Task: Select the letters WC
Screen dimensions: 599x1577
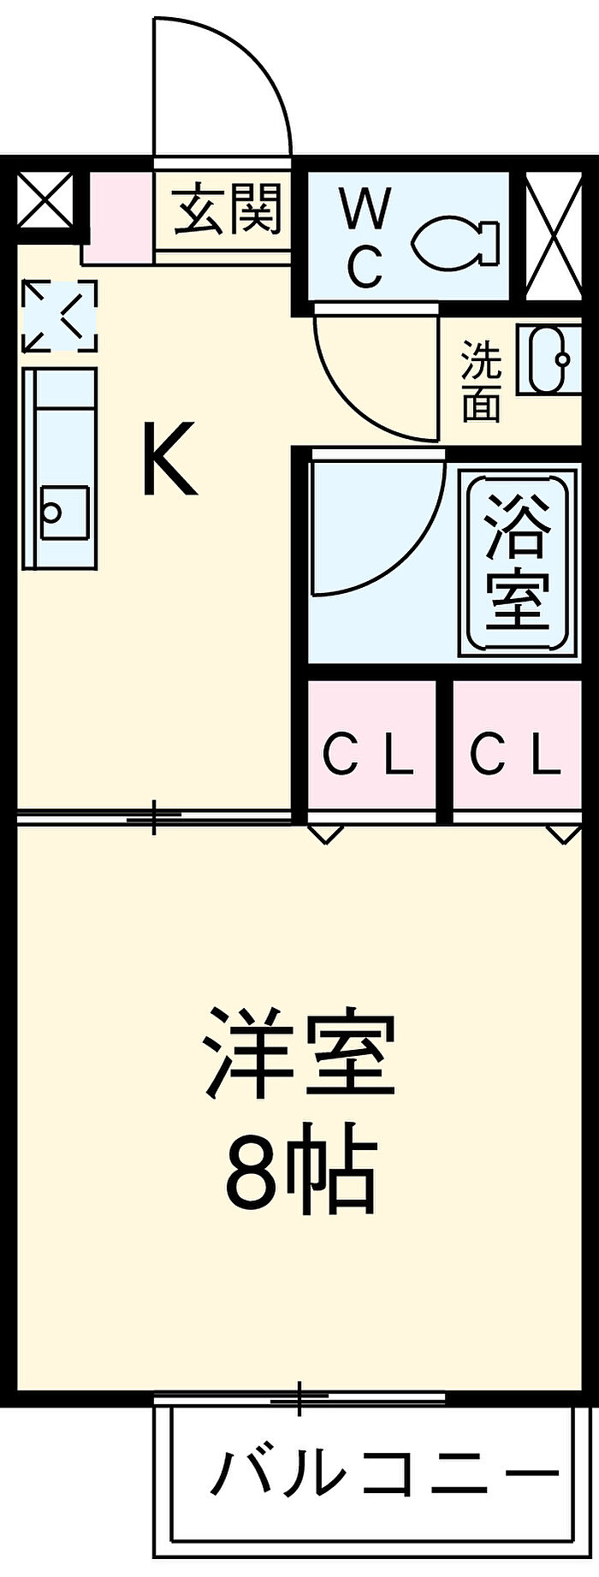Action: (x=365, y=238)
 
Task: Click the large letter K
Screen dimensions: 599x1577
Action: (x=169, y=459)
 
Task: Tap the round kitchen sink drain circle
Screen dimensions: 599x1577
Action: (x=53, y=513)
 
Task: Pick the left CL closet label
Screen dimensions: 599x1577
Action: (x=368, y=756)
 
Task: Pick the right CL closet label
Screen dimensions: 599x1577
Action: (x=515, y=756)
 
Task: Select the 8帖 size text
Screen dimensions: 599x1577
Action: (x=300, y=1170)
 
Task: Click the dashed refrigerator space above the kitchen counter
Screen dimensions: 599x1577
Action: (x=59, y=316)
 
